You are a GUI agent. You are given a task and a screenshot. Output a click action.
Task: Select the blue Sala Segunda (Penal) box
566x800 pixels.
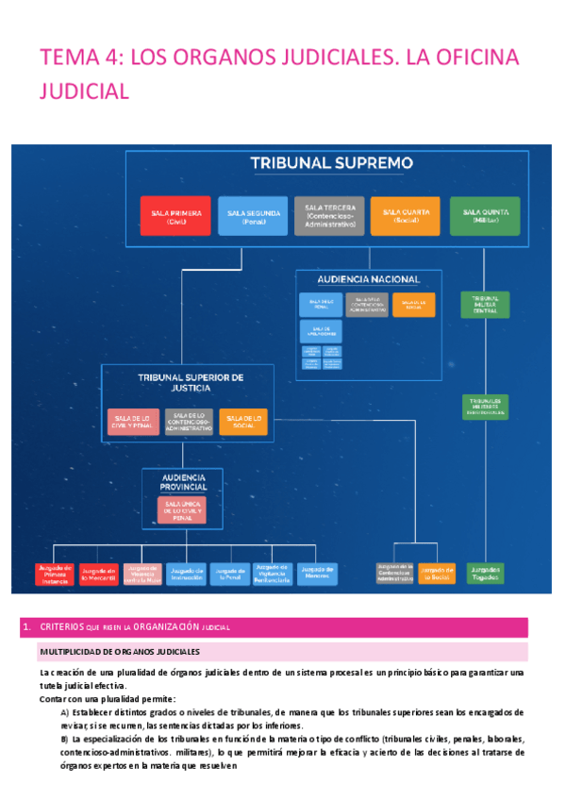click(253, 217)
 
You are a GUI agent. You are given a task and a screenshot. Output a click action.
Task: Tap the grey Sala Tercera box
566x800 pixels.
click(330, 216)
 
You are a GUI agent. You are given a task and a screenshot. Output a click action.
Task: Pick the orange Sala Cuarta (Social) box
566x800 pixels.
click(405, 216)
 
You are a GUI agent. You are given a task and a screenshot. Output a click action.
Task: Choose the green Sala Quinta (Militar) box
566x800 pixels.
click(485, 216)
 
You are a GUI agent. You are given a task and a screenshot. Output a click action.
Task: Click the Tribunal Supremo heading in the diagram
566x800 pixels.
click(331, 163)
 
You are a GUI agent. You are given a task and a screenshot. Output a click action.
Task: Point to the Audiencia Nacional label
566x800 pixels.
click(369, 280)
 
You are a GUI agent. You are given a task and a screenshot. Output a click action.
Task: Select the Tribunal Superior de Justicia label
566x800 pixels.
click(191, 381)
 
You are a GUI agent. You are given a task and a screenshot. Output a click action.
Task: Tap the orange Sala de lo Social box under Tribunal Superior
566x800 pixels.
click(242, 421)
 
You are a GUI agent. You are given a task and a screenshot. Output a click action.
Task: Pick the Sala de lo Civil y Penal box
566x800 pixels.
click(133, 421)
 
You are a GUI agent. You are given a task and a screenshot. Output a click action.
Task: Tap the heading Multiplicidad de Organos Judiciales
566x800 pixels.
click(119, 652)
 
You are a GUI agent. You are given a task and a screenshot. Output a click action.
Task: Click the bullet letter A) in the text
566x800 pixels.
click(65, 712)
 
